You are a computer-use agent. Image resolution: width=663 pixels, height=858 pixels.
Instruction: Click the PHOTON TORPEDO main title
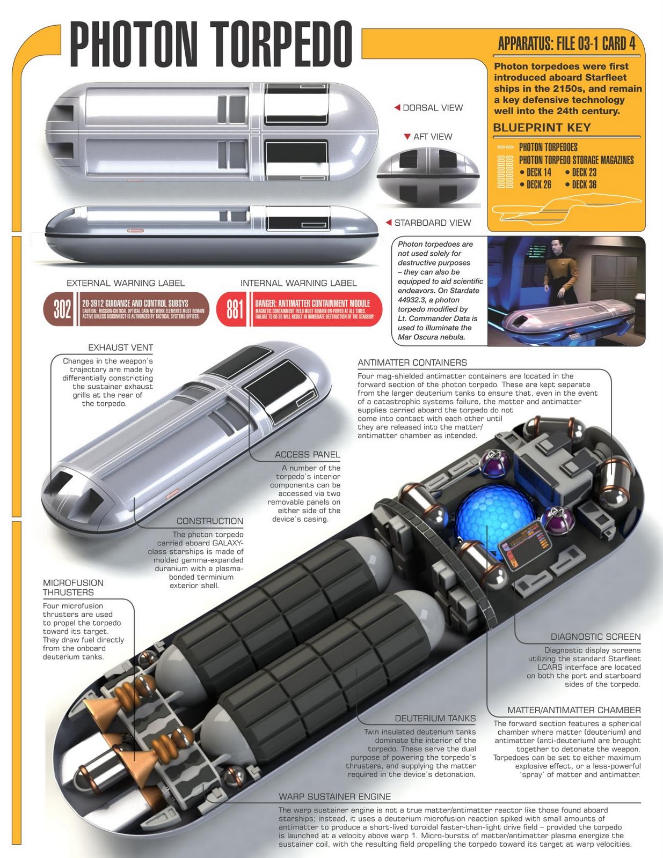click(x=211, y=44)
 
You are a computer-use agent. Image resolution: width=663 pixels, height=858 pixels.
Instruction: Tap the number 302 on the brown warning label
click(x=62, y=309)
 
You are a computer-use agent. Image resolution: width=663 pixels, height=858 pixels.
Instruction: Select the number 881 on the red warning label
click(x=235, y=309)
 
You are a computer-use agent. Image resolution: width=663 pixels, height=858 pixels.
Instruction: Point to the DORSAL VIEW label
click(x=432, y=108)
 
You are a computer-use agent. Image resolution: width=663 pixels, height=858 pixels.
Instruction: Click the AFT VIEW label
click(x=432, y=137)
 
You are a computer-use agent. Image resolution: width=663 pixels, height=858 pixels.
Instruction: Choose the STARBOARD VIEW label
click(x=432, y=223)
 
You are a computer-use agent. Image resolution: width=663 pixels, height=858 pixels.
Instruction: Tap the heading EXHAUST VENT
click(x=121, y=347)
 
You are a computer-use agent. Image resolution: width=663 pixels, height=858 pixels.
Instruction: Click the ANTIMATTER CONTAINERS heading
click(x=412, y=363)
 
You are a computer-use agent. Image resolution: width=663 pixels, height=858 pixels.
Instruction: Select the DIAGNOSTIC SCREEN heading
click(x=596, y=637)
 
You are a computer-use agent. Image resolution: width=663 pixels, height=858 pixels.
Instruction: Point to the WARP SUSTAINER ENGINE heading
click(x=334, y=797)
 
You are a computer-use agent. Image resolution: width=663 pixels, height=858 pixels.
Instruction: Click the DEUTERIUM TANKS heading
click(x=435, y=718)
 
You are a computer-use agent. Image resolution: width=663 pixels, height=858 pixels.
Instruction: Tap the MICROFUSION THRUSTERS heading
click(x=73, y=587)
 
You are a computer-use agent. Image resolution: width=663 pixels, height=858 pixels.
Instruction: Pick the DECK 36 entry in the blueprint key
click(x=584, y=184)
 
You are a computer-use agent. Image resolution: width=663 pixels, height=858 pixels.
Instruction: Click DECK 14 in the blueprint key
click(x=538, y=172)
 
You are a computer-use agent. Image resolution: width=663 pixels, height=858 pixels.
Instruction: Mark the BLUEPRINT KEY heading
click(x=542, y=128)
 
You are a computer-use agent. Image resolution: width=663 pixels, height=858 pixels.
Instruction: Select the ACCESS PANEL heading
click(x=307, y=454)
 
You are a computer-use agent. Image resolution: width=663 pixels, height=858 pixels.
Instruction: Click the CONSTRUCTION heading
click(x=210, y=521)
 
